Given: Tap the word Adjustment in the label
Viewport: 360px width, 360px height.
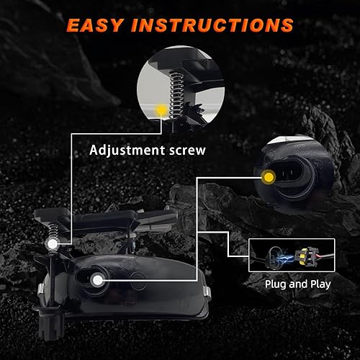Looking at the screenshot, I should point(126,150).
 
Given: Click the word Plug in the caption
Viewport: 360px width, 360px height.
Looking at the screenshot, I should point(278,284).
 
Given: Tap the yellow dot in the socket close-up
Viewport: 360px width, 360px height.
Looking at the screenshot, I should point(269,176).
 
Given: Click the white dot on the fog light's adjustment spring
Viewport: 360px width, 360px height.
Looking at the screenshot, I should point(53,245).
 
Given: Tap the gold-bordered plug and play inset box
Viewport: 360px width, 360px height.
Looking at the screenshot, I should point(292,255).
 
